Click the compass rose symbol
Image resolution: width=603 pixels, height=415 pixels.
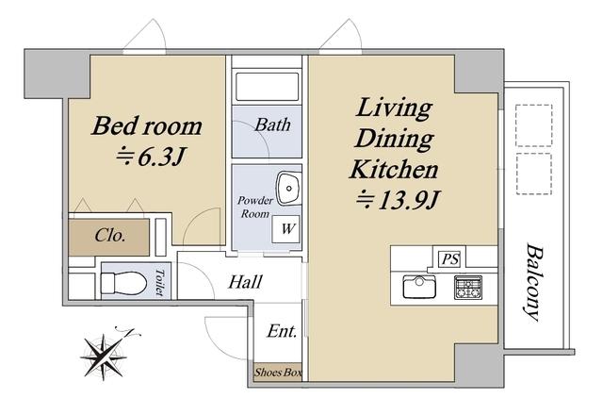click(x=105, y=357)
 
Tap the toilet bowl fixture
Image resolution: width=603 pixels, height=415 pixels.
click(x=123, y=283)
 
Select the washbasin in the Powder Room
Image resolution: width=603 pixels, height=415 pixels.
click(x=289, y=188)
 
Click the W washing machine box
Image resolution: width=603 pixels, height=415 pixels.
click(x=285, y=229)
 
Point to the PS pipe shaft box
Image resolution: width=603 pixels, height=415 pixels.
click(x=449, y=258)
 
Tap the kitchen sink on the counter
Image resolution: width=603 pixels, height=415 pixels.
click(x=419, y=287)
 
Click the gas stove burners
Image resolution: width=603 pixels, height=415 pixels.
click(x=468, y=287)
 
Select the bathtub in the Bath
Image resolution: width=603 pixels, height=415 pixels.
click(x=268, y=87)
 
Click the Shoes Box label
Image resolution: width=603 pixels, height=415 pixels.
click(x=278, y=373)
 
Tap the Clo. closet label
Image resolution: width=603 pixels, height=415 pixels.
click(x=110, y=235)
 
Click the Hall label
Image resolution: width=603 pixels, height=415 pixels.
click(x=245, y=282)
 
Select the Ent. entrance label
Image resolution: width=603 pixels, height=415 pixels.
click(x=282, y=331)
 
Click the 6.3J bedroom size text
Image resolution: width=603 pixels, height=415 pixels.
click(x=152, y=157)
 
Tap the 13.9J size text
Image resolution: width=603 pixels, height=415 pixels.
click(x=398, y=200)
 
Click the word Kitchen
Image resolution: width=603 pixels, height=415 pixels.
click(x=394, y=169)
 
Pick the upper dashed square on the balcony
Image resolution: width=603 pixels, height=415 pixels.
click(x=534, y=125)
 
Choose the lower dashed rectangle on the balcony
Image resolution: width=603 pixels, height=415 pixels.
click(x=534, y=174)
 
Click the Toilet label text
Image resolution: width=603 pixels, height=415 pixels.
click(x=160, y=282)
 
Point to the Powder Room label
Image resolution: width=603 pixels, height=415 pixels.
click(x=255, y=207)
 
